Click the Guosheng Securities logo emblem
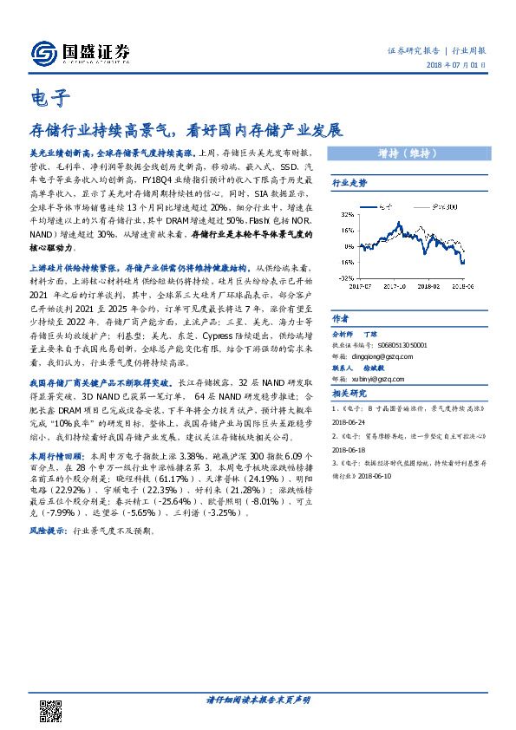click(x=42, y=54)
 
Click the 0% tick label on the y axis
click(x=347, y=245)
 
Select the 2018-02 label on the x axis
click(x=431, y=283)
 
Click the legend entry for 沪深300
click(x=445, y=207)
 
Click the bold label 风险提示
click(x=51, y=529)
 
